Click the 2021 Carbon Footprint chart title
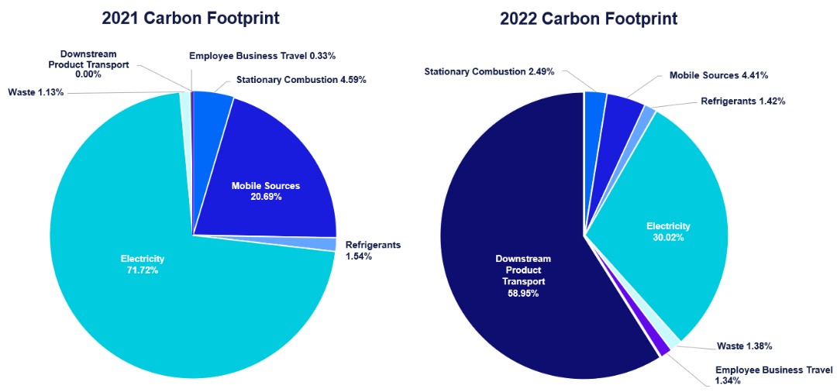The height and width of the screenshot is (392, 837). pos(191,18)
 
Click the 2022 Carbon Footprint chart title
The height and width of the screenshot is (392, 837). pos(589,18)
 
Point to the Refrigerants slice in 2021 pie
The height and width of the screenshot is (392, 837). pos(330,244)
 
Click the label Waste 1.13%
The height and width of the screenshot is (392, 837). pos(36,92)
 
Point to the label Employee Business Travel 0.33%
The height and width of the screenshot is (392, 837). pos(262,56)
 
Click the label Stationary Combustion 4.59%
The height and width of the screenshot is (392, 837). pos(301,79)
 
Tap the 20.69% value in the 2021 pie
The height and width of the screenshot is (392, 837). pos(266,197)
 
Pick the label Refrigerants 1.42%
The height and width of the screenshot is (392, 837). pos(743,101)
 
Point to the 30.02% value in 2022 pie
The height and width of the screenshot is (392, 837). pos(668,238)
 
